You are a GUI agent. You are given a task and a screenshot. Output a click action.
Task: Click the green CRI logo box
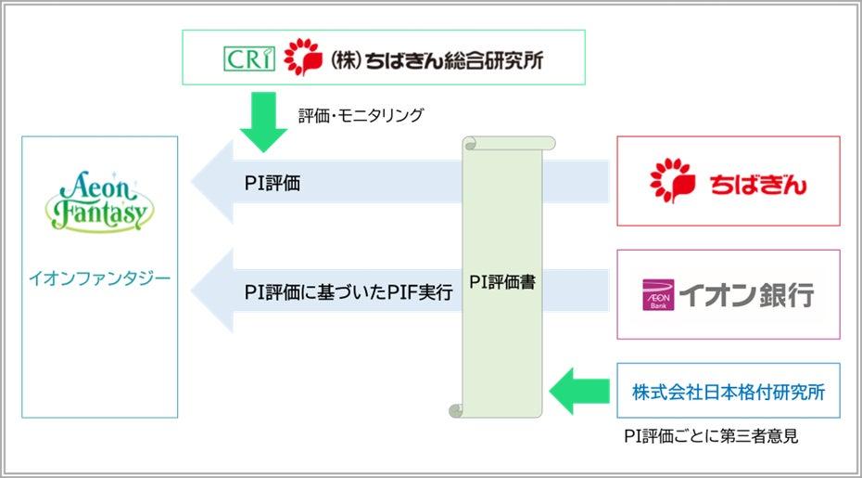click(249, 58)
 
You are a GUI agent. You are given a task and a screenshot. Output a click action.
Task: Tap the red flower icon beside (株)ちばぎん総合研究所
click(303, 57)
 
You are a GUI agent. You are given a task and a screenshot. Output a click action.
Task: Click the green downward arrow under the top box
click(264, 123)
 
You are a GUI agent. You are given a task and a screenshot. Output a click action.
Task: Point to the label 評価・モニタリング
click(361, 115)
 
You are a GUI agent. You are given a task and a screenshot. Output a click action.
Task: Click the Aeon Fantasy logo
click(99, 200)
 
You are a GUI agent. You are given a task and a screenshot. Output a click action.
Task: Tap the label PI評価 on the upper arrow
click(273, 184)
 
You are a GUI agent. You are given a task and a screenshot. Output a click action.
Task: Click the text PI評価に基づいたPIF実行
click(349, 291)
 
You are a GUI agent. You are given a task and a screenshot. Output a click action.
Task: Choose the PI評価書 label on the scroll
click(502, 282)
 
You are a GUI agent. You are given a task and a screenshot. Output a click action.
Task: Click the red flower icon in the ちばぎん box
click(672, 181)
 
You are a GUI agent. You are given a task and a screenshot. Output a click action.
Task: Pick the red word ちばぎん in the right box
click(757, 185)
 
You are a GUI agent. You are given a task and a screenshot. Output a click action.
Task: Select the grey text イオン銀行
click(747, 295)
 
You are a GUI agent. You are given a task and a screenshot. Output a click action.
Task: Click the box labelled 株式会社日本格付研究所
click(729, 391)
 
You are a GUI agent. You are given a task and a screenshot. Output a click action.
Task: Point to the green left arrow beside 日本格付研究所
click(579, 391)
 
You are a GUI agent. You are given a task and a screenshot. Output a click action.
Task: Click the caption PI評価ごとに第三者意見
click(711, 436)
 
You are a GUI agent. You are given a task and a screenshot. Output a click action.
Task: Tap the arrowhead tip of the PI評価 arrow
click(192, 181)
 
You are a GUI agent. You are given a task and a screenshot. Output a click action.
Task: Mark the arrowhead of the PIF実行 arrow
click(192, 291)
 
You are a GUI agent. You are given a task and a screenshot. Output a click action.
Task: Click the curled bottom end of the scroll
click(457, 411)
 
